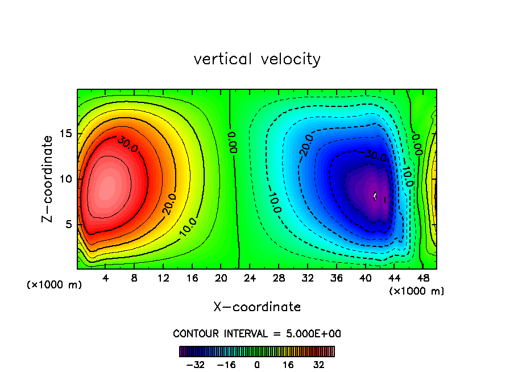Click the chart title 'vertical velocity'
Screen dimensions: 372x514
[x=257, y=59]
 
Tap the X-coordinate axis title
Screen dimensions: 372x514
[x=257, y=307]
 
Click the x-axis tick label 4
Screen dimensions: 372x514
[x=106, y=279]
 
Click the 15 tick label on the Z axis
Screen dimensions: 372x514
[x=66, y=134]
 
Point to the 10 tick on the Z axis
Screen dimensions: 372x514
[x=66, y=179]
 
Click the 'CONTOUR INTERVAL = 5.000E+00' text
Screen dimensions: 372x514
[x=257, y=333]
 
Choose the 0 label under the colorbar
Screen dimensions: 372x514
[x=257, y=365]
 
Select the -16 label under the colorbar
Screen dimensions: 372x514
[x=226, y=365]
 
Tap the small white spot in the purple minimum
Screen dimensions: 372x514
[x=375, y=196]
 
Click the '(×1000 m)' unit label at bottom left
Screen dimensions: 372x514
[x=55, y=285]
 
